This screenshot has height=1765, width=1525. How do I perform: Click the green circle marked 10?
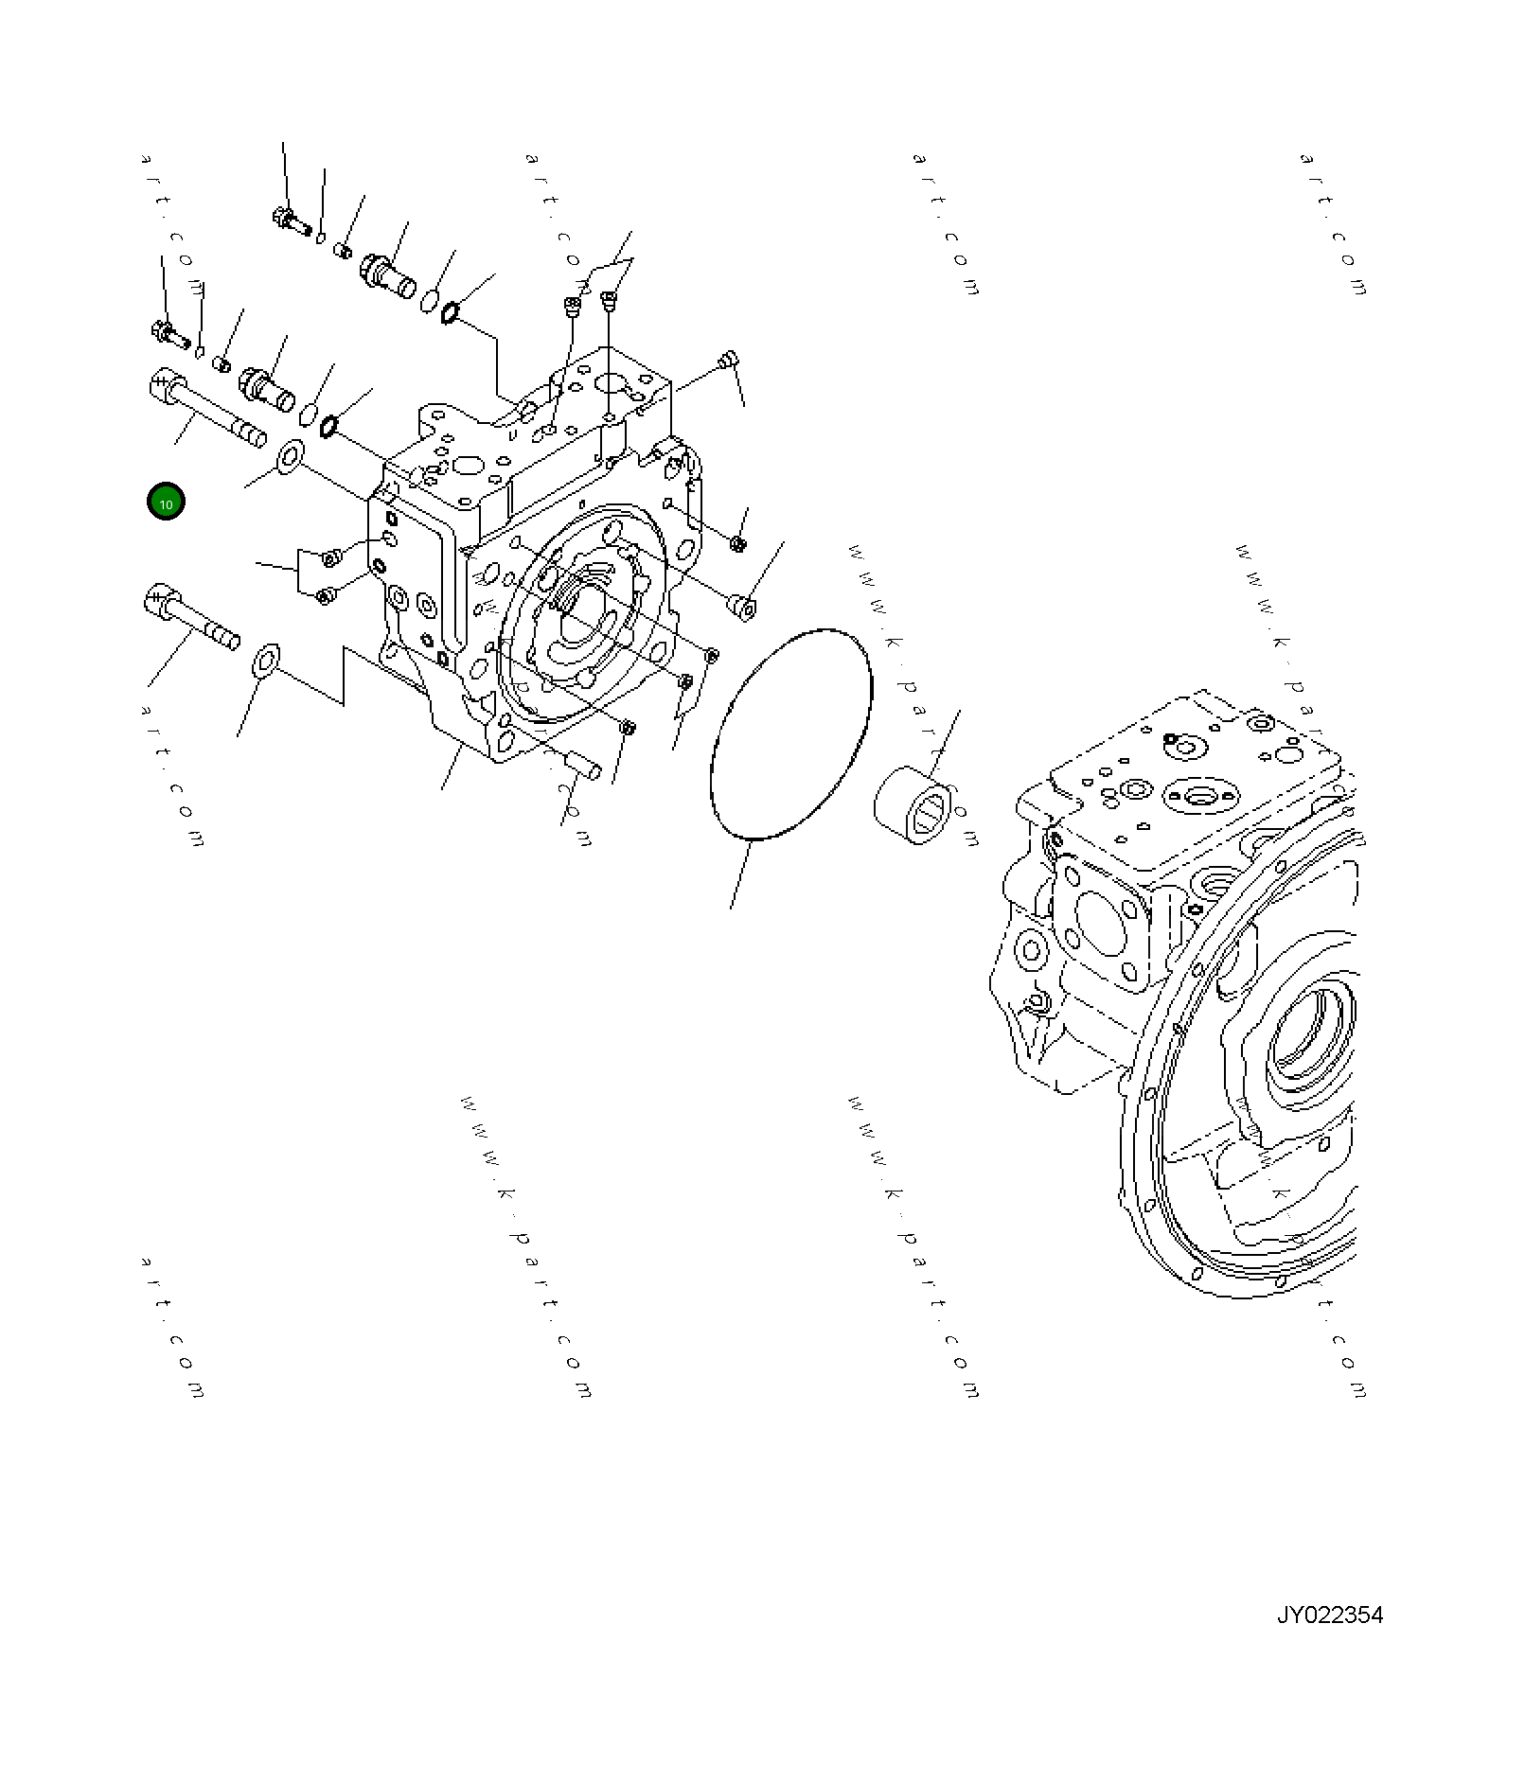pyautogui.click(x=166, y=502)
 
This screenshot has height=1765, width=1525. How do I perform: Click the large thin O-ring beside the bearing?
pyautogui.click(x=790, y=733)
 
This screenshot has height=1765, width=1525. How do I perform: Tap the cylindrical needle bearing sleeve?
pyautogui.click(x=915, y=806)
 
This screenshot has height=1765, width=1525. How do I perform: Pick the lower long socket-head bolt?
pyautogui.click(x=190, y=619)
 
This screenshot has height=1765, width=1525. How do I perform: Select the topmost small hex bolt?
pyautogui.click(x=291, y=222)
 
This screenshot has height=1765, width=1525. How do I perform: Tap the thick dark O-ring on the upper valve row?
pyautogui.click(x=452, y=311)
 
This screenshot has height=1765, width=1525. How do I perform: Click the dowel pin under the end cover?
pyautogui.click(x=581, y=766)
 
